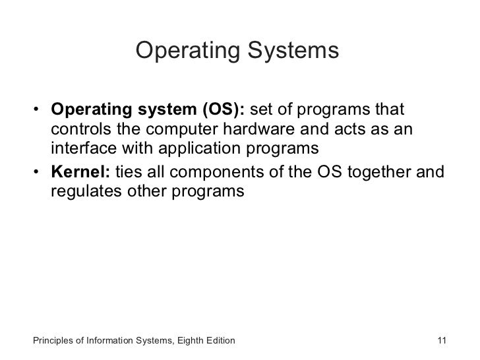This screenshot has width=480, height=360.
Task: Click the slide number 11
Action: (x=442, y=341)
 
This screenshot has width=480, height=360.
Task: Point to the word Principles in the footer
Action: (x=52, y=341)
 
